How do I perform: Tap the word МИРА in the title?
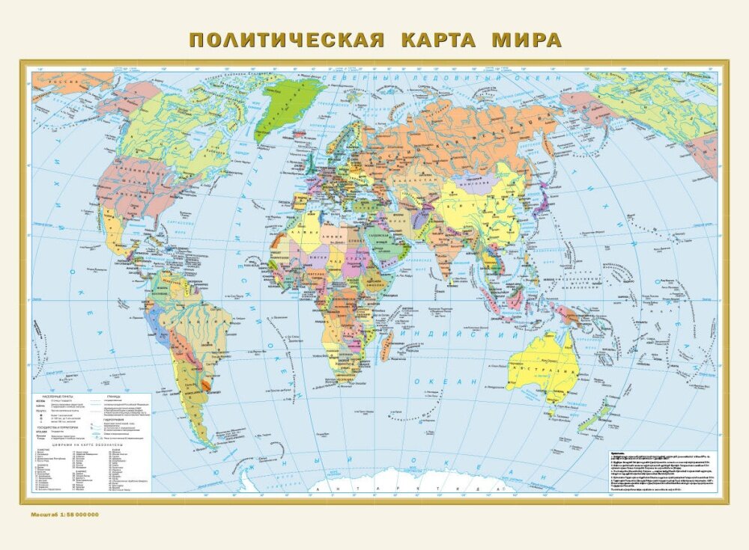pyautogui.click(x=526, y=40)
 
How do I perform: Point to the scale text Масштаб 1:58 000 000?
pyautogui.click(x=64, y=515)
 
